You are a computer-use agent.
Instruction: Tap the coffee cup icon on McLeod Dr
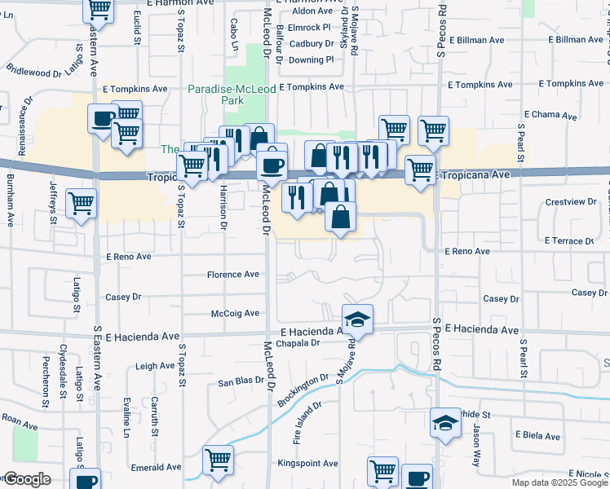click(x=272, y=165)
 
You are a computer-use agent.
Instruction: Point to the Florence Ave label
click(x=232, y=274)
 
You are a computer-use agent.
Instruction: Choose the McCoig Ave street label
click(x=235, y=313)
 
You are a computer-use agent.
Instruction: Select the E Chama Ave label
click(x=551, y=115)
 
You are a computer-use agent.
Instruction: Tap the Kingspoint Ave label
click(x=307, y=464)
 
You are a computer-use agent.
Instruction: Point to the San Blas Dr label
click(x=238, y=381)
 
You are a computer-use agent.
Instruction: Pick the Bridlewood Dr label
click(x=33, y=72)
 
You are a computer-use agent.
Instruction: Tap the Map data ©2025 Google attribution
click(x=559, y=482)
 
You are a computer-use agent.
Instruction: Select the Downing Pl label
click(x=311, y=59)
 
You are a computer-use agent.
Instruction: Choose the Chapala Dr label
click(x=300, y=343)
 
